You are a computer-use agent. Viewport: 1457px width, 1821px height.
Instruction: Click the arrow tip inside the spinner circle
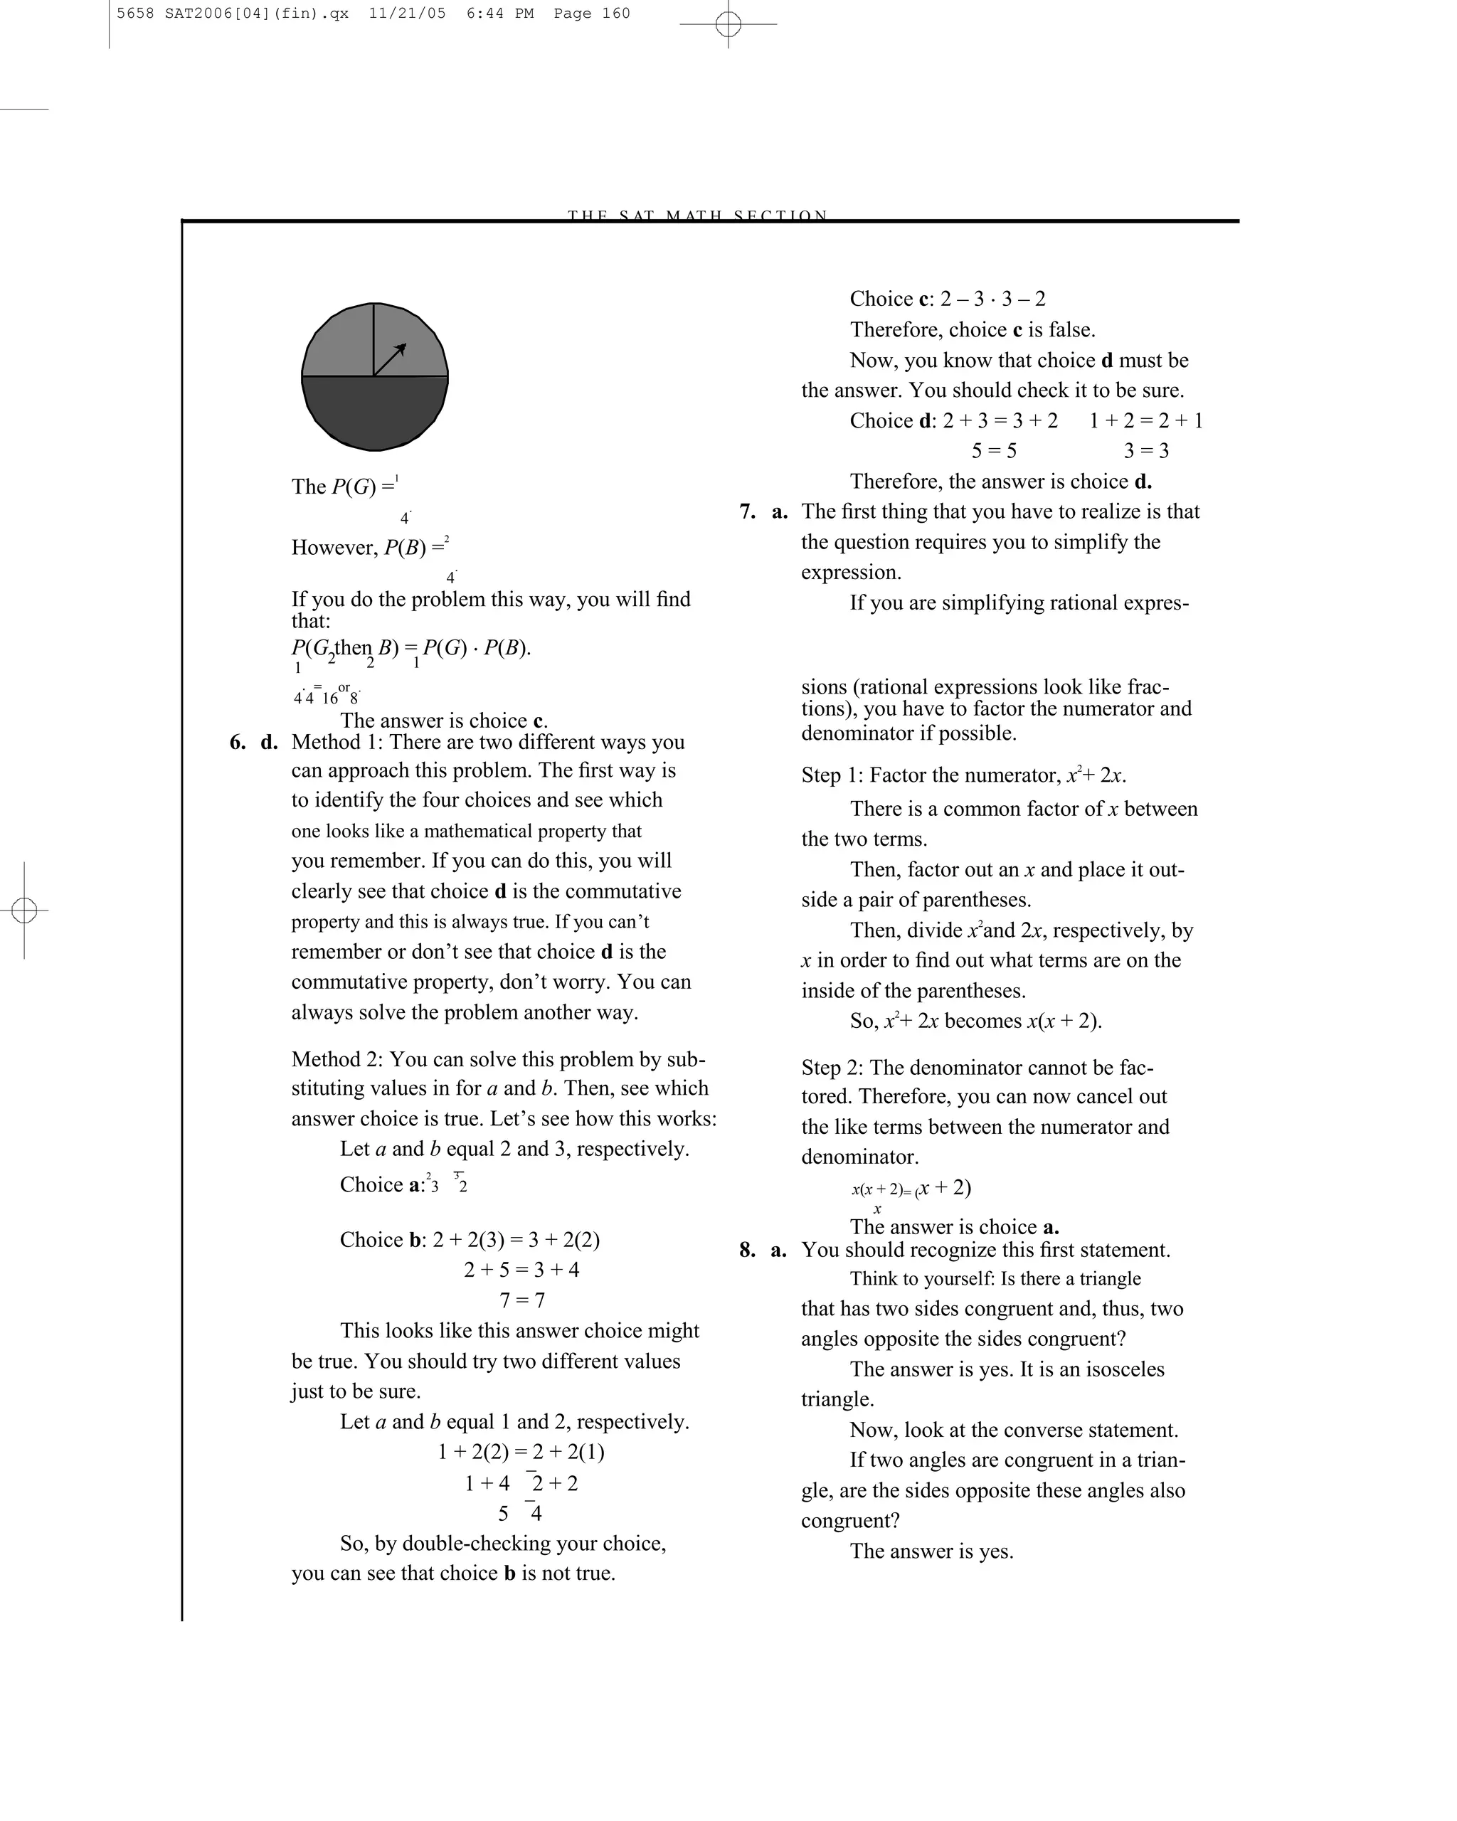[404, 346]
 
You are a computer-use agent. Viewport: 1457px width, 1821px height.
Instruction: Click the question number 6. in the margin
[238, 743]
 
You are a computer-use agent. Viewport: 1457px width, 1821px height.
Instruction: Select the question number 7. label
[748, 512]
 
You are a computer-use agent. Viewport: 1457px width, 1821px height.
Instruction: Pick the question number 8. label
[748, 1250]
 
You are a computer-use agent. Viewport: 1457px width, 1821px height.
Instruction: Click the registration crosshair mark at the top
[728, 23]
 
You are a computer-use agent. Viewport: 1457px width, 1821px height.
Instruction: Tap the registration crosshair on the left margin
[24, 910]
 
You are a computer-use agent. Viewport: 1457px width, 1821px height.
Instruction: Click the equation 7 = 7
[522, 1300]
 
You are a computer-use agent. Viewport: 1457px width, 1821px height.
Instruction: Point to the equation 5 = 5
[993, 451]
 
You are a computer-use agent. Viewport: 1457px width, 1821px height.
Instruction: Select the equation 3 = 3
[1146, 451]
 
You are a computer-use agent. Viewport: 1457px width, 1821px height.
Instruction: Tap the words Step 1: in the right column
[832, 775]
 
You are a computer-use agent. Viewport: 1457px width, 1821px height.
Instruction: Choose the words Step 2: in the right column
[832, 1068]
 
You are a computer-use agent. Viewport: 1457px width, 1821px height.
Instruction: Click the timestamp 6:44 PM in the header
[499, 14]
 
